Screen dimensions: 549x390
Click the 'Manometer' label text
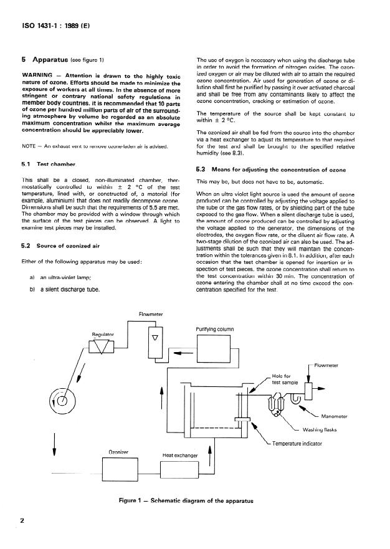(337, 416)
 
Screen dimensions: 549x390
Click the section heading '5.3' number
(201, 169)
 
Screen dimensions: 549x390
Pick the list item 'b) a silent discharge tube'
(65, 289)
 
